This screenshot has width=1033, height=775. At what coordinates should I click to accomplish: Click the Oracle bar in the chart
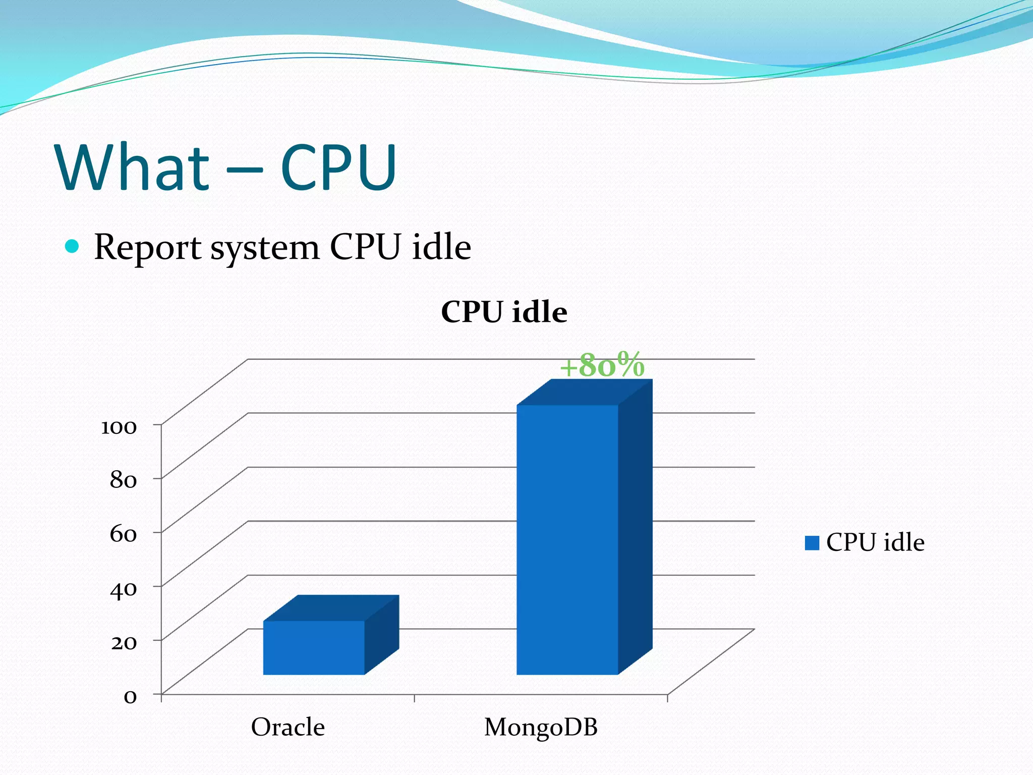[x=314, y=647]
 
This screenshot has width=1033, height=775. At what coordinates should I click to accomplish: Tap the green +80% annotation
[x=602, y=365]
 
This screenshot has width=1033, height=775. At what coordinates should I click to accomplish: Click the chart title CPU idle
[x=504, y=311]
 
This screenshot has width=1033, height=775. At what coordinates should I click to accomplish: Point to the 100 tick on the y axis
[x=119, y=427]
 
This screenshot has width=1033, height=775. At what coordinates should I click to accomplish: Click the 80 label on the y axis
[x=123, y=480]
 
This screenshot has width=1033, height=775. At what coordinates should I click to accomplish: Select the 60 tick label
[x=123, y=534]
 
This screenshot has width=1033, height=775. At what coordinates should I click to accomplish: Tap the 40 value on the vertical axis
[x=123, y=589]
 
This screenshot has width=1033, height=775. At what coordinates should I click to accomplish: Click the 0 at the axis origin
[x=130, y=697]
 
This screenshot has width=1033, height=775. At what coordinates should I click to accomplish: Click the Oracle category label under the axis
[x=288, y=727]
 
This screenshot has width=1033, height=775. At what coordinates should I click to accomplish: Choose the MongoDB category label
[x=541, y=727]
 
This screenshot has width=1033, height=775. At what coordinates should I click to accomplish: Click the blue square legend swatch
[x=812, y=543]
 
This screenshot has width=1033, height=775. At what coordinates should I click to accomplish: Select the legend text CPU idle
[x=875, y=542]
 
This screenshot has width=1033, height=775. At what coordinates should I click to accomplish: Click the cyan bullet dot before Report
[x=72, y=246]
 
